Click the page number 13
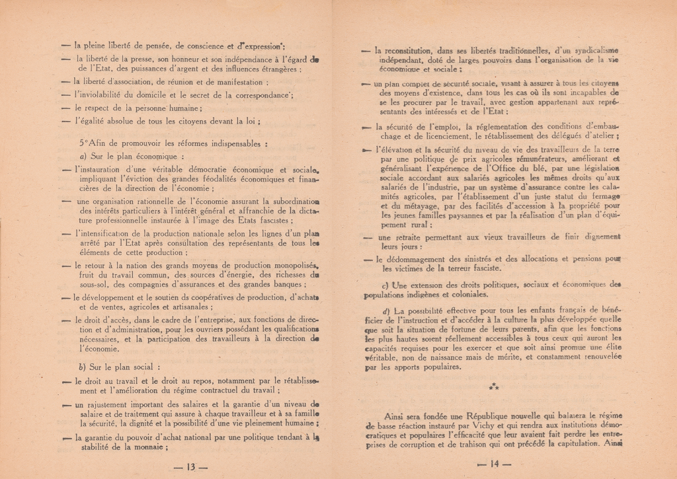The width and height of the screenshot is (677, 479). tap(190, 466)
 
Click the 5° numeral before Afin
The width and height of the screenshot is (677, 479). tap(84, 143)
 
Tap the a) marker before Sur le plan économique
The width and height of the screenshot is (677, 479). tap(83, 157)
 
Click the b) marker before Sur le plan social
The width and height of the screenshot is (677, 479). tap(83, 367)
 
